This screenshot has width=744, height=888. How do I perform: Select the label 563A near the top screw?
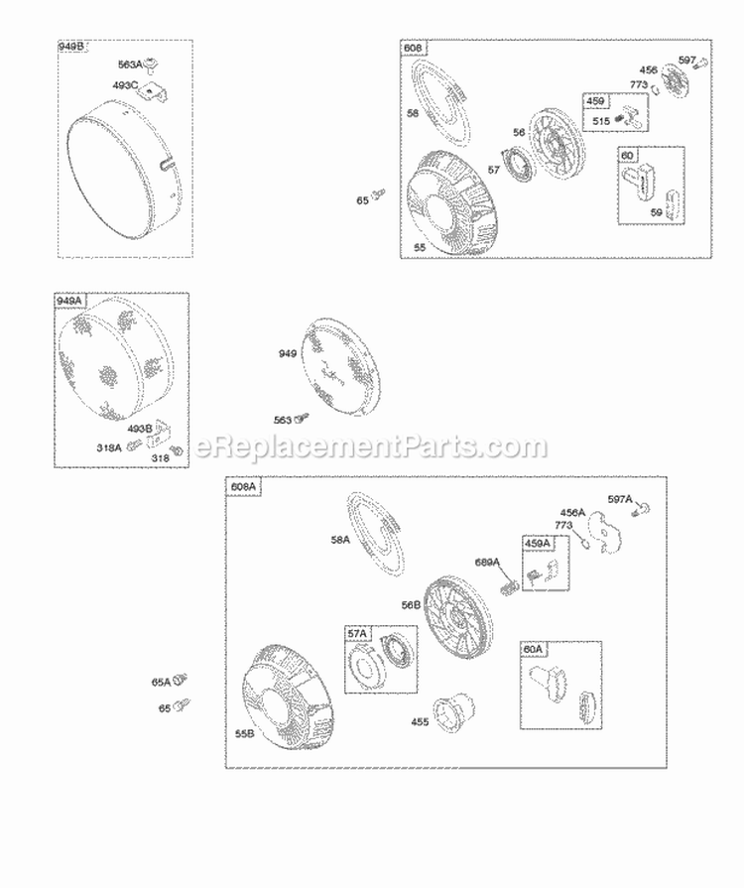click(129, 65)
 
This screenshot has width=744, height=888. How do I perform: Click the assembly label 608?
click(413, 48)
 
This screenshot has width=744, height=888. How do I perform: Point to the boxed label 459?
click(595, 101)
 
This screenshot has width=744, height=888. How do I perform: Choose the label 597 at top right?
click(687, 59)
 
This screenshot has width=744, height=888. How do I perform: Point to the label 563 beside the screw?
click(284, 420)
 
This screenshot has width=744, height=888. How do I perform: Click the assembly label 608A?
click(244, 486)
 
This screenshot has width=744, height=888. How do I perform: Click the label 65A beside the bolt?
click(160, 683)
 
